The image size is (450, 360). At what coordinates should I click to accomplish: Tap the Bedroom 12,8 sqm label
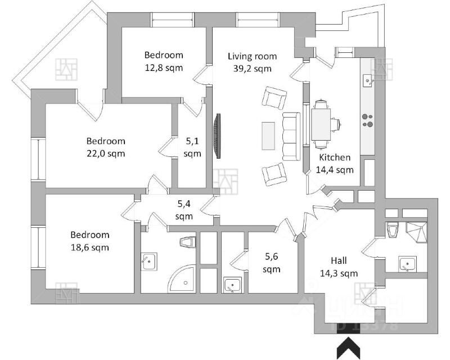pos(164,61)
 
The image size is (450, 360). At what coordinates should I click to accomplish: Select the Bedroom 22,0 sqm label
pos(106,147)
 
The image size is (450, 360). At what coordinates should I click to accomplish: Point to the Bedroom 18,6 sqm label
pos(90,241)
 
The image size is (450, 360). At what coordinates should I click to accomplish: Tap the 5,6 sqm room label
pos(272,262)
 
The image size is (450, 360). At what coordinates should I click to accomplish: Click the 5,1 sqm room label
pos(192,147)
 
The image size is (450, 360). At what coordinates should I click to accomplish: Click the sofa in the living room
pos(291,136)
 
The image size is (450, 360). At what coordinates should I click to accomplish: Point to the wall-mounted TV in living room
pos(216,137)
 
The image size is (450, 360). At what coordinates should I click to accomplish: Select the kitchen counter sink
pos(368,80)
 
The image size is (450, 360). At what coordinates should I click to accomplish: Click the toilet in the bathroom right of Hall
pos(393,229)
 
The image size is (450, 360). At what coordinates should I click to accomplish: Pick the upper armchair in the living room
pos(275,98)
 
